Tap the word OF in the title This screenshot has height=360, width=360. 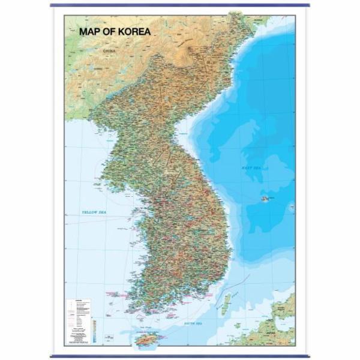(x=110, y=31)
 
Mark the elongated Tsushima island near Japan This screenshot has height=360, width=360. (x=226, y=304)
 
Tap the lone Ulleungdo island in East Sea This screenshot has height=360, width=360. (x=265, y=199)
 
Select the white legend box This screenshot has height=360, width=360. (x=80, y=321)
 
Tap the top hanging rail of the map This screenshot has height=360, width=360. (x=180, y=5)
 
